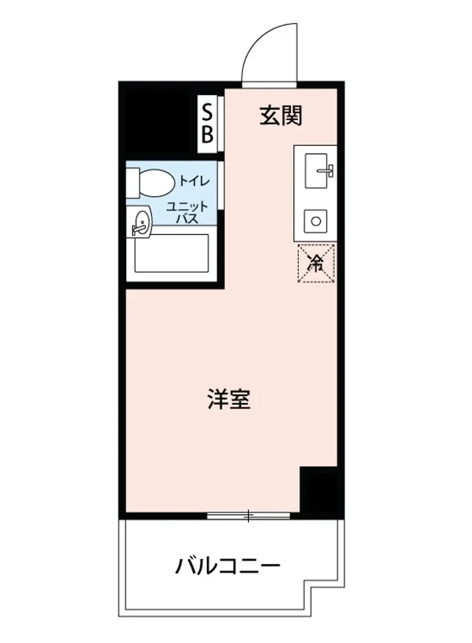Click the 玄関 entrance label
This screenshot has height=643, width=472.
(x=281, y=116)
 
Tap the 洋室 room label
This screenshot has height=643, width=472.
(x=229, y=399)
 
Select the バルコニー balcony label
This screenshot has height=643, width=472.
(x=228, y=566)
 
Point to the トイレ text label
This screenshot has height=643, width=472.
(x=194, y=181)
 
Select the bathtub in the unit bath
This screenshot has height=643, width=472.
(x=171, y=253)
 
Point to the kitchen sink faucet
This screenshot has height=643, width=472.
(x=327, y=171)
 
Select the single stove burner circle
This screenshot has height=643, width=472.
(x=316, y=220)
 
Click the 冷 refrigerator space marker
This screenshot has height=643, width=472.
(x=316, y=263)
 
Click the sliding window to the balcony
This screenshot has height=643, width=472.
(x=248, y=516)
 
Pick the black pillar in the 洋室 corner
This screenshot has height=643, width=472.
(x=319, y=490)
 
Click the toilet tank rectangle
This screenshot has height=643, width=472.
(x=132, y=182)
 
